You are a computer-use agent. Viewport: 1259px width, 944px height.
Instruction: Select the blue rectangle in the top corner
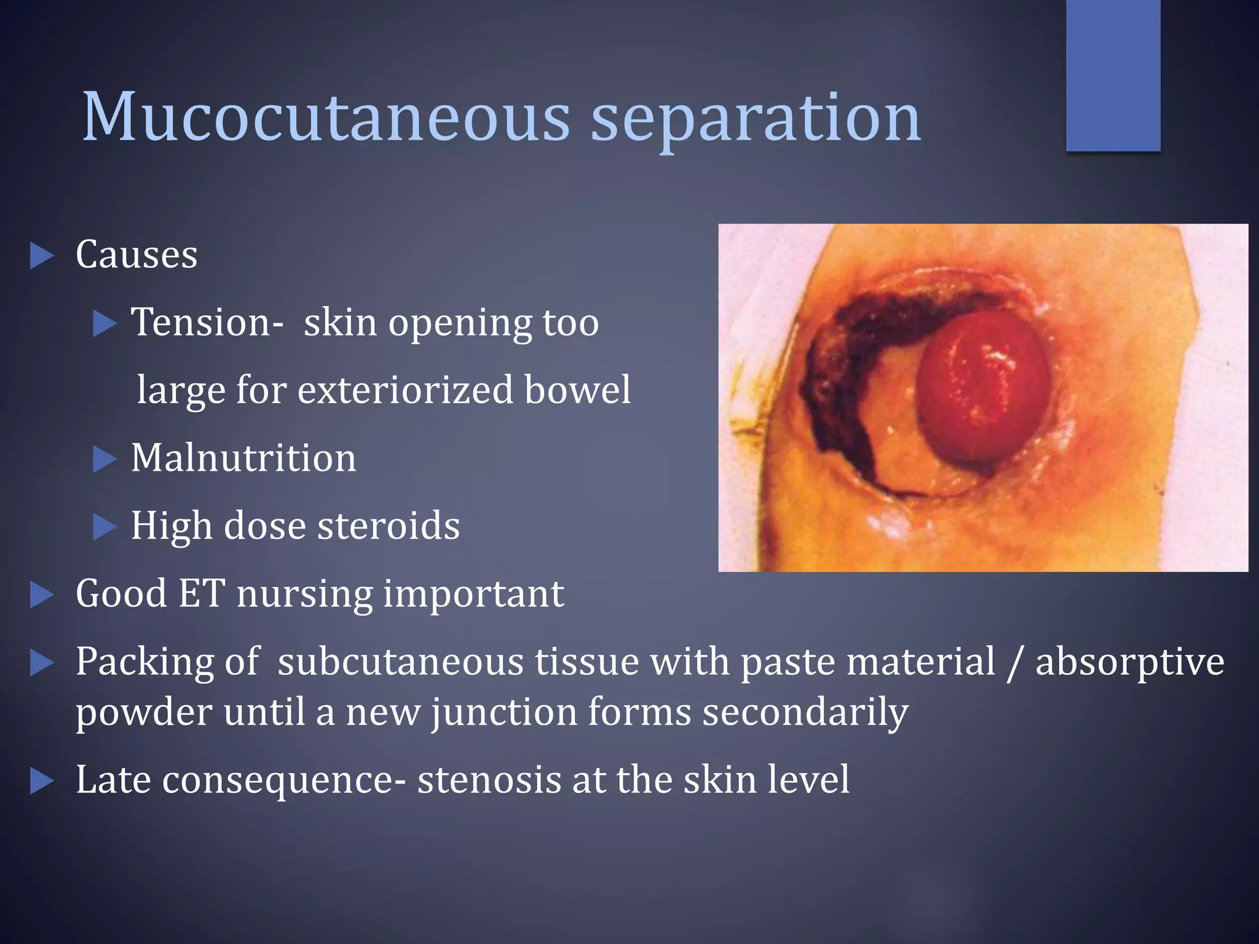(1113, 75)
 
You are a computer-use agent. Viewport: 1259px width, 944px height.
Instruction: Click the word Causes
(136, 254)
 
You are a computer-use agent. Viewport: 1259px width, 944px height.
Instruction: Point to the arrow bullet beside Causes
(42, 256)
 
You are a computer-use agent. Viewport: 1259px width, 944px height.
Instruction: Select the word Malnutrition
(243, 458)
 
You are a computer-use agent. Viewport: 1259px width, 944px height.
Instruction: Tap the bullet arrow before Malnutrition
(105, 459)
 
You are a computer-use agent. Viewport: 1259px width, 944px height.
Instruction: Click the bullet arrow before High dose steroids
(105, 527)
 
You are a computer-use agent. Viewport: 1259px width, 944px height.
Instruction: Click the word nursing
(304, 595)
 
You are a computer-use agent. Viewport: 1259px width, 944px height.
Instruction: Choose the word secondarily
(805, 713)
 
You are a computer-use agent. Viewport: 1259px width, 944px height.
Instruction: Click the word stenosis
(489, 779)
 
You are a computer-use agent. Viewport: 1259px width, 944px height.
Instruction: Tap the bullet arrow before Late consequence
(42, 781)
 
